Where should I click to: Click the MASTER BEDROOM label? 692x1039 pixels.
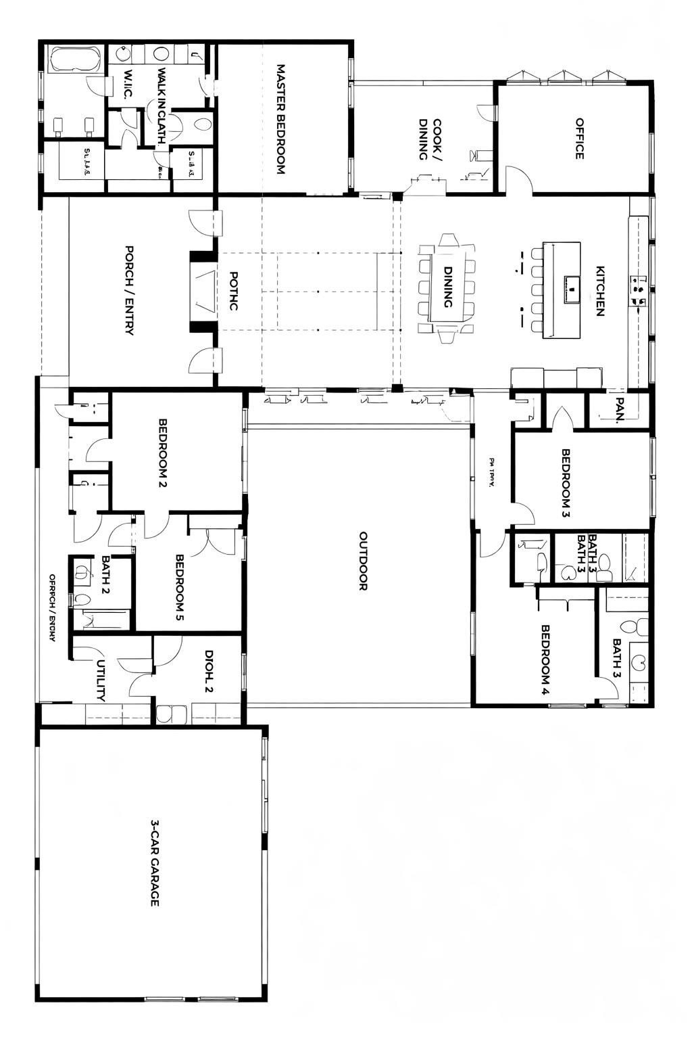(x=280, y=120)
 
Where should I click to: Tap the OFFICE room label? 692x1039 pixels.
(x=579, y=139)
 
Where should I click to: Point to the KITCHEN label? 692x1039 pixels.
(x=599, y=290)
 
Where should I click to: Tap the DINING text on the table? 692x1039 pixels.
(x=447, y=287)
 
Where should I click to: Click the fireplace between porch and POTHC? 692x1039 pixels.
(x=201, y=291)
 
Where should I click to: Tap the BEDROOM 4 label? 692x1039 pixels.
(x=546, y=660)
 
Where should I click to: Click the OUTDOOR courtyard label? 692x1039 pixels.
(x=362, y=561)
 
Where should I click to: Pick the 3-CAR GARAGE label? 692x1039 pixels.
(x=154, y=863)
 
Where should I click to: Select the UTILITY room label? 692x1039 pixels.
(x=101, y=680)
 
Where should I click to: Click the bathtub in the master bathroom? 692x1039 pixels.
(x=74, y=60)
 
